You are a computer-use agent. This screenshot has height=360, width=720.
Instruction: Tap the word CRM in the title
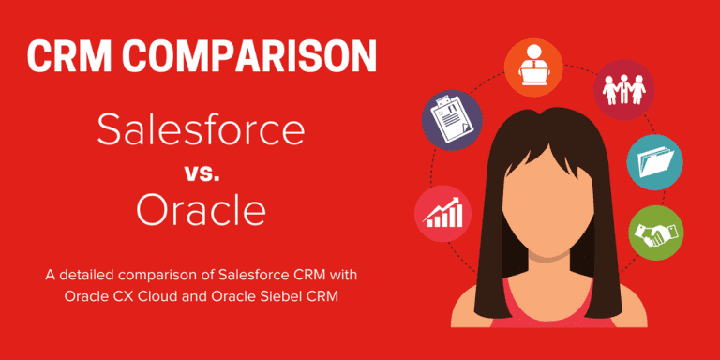pyautogui.click(x=69, y=57)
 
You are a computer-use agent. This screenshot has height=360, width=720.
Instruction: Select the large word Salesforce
pyautogui.click(x=201, y=130)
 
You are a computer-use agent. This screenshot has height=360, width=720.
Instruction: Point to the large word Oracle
pyautogui.click(x=201, y=211)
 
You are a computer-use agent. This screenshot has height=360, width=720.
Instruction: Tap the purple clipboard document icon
pyautogui.click(x=452, y=120)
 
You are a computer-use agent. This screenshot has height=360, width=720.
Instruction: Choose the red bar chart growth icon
pyautogui.click(x=442, y=214)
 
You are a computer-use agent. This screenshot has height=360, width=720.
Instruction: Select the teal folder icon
pyautogui.click(x=653, y=159)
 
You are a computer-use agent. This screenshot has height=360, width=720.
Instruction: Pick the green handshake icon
pyautogui.click(x=654, y=231)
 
